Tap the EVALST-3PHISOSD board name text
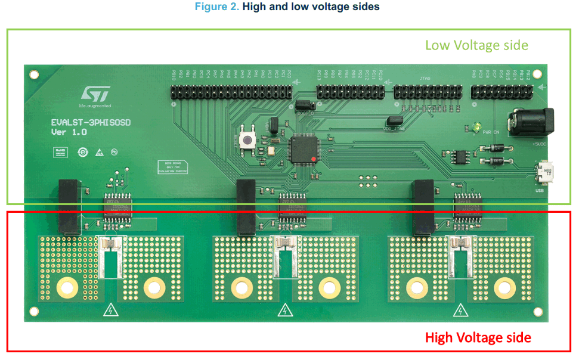(x=90, y=123)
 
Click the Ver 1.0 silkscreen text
(x=69, y=132)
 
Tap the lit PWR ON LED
(x=478, y=128)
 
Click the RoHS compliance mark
(x=60, y=151)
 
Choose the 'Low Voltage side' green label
(x=476, y=45)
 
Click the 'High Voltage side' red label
(x=478, y=338)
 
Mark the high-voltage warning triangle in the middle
(x=286, y=311)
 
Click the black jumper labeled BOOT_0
(x=303, y=105)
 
